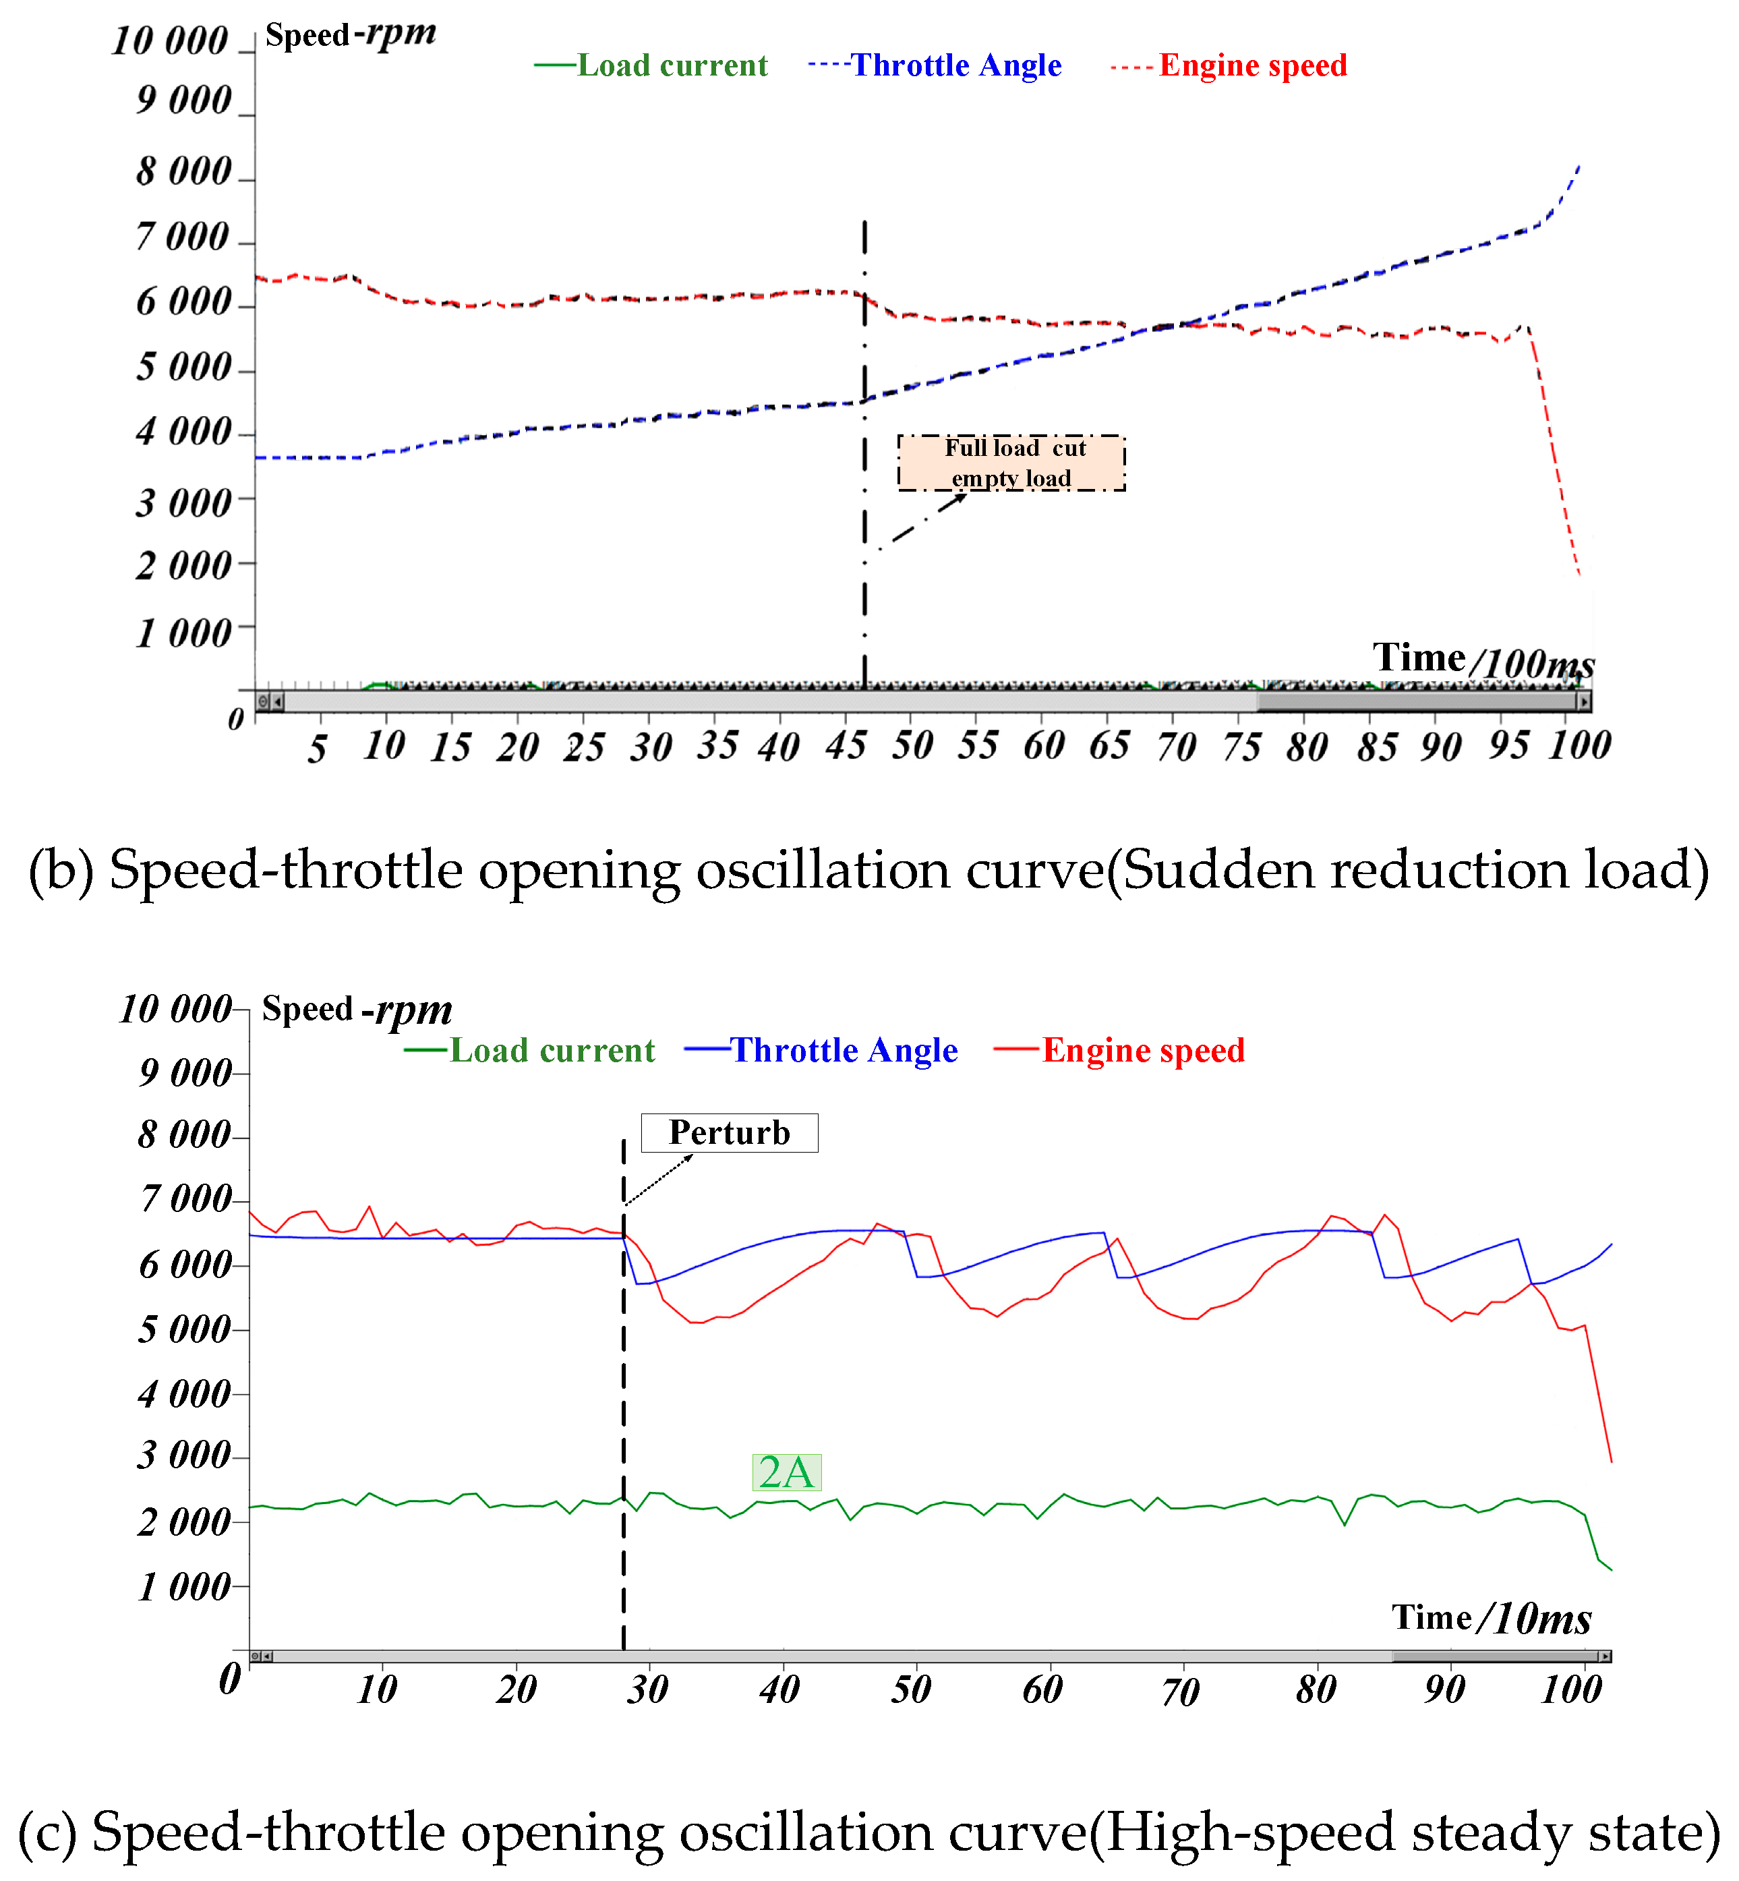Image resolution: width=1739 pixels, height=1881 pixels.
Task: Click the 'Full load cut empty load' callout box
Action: tap(1011, 462)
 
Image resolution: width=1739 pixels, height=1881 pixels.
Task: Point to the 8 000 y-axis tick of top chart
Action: tap(183, 171)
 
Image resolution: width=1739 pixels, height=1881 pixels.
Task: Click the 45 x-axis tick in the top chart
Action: tap(845, 745)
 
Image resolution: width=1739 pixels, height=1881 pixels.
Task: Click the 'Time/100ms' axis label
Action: tap(1482, 659)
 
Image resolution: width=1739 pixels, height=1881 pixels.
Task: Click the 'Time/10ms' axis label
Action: tap(1491, 1617)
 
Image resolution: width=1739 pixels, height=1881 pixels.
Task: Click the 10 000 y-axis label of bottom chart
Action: tap(175, 1009)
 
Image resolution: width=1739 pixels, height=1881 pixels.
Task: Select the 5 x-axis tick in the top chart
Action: tap(317, 749)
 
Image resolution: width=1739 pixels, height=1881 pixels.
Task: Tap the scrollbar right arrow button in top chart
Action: tap(1585, 701)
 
